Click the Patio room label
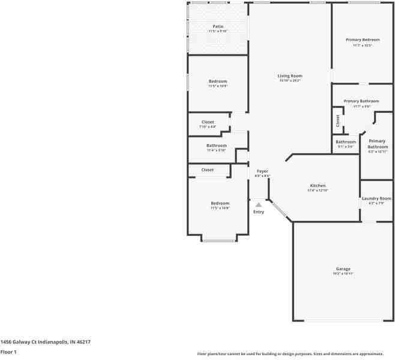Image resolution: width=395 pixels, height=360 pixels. tap(218, 26)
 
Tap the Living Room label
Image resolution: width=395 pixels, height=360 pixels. tap(289, 76)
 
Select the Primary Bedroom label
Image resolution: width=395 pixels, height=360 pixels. tap(363, 40)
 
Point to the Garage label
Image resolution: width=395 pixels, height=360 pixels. tap(343, 269)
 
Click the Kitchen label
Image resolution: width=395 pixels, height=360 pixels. tap(318, 185)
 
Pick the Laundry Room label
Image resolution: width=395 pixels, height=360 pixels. tap(376, 199)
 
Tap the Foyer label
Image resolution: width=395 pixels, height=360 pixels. tap(262, 171)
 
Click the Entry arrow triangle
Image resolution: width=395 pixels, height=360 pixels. tap(259, 205)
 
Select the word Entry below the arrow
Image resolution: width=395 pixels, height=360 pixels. tap(259, 212)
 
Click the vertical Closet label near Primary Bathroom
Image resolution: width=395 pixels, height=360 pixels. tap(337, 120)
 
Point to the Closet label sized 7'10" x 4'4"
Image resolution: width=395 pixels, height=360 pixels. tap(208, 122)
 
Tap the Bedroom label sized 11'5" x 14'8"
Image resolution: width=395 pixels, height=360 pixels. tap(219, 203)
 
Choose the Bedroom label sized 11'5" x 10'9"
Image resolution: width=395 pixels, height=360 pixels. tap(218, 82)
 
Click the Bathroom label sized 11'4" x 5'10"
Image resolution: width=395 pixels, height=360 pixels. tap(216, 146)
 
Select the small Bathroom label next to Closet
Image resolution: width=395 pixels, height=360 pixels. tap(346, 142)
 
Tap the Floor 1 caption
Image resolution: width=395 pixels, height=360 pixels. tap(8, 352)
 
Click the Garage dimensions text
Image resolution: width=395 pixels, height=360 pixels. tap(343, 274)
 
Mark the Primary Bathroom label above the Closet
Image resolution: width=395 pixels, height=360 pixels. tap(361, 101)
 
